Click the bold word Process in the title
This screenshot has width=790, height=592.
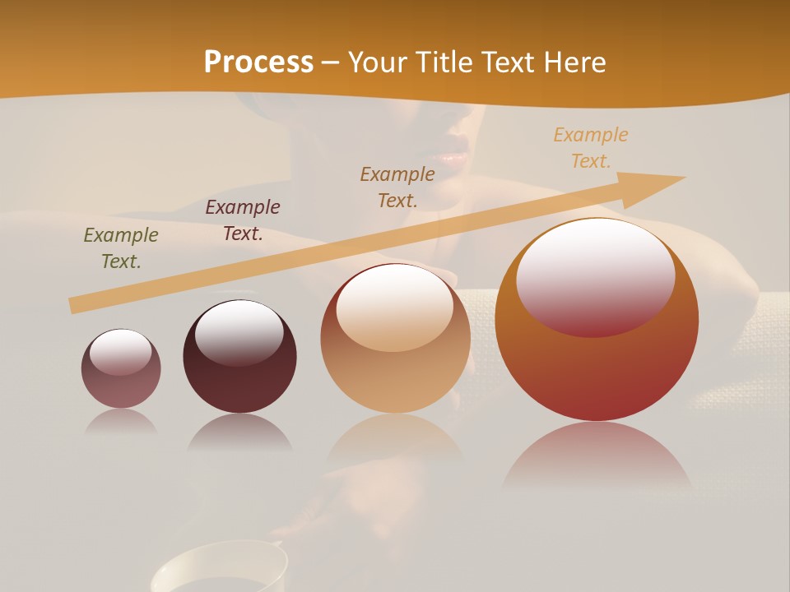pyautogui.click(x=258, y=62)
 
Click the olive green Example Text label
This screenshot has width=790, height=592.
pyautogui.click(x=121, y=248)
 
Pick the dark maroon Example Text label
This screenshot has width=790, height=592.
pyautogui.click(x=243, y=220)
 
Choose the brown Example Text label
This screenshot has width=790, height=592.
pyautogui.click(x=397, y=187)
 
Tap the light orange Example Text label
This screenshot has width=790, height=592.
pyautogui.click(x=591, y=148)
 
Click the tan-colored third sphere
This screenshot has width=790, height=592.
pyautogui.click(x=395, y=374)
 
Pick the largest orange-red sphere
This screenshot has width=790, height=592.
pyautogui.click(x=597, y=370)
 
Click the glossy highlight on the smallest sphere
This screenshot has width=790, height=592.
pyautogui.click(x=120, y=351)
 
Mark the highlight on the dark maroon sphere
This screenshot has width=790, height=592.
pyautogui.click(x=239, y=331)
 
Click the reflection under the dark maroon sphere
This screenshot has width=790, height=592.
pyautogui.click(x=239, y=432)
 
